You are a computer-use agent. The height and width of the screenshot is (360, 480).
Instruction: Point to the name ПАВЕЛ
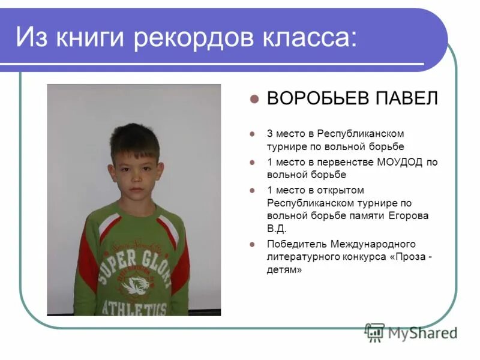pos(409,99)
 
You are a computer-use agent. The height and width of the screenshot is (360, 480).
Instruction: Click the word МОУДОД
pos(401,161)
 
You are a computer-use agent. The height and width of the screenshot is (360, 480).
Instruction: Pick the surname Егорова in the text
pos(407,215)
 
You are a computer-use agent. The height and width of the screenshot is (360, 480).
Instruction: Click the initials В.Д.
pos(277,229)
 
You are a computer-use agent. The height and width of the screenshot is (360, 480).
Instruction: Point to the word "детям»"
pos(284,271)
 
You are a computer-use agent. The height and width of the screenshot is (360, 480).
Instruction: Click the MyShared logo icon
pos(375,332)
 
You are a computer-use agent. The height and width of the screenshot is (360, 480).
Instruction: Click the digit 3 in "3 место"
pos(270,133)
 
